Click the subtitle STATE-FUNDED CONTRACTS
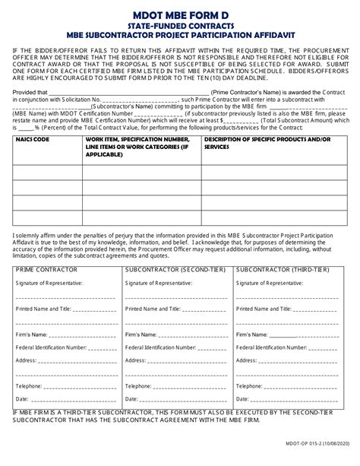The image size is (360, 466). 180,24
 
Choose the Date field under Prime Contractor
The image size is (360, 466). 22,398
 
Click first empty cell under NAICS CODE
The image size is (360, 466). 46,173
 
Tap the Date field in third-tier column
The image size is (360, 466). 245,398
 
